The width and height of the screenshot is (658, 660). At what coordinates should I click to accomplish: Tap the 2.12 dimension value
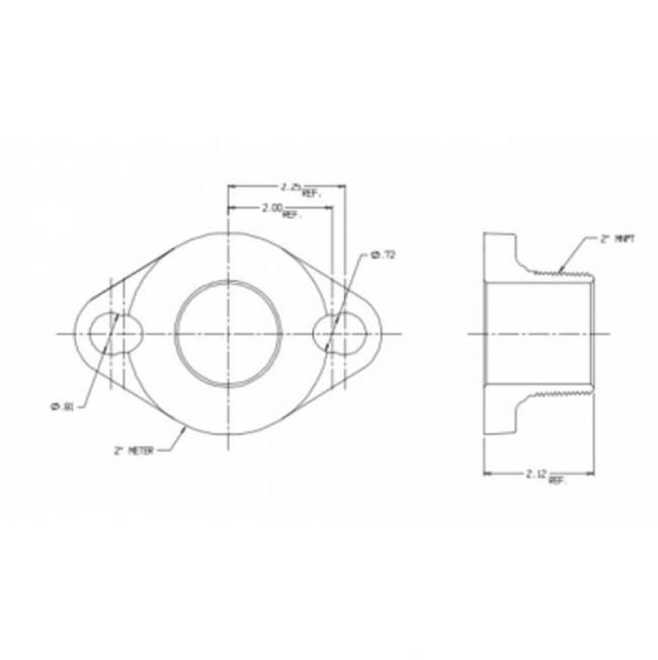point(536,473)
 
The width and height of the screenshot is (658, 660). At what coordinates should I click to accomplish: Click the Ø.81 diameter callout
point(63,407)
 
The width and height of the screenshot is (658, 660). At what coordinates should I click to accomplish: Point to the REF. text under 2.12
point(557,481)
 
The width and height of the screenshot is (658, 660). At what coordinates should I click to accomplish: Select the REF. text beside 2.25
point(311,194)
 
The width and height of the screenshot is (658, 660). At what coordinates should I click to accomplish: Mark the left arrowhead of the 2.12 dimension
point(488,473)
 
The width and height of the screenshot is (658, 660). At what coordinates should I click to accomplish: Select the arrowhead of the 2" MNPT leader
point(559,270)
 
